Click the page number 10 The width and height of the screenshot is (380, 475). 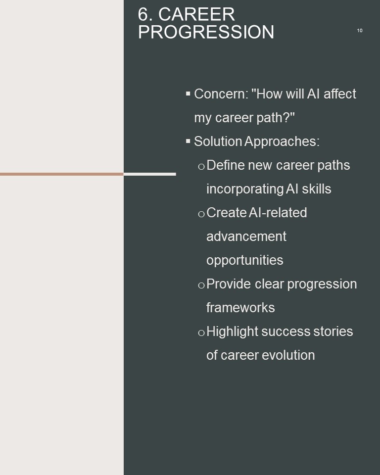(x=360, y=31)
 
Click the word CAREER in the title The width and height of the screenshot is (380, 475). (x=196, y=14)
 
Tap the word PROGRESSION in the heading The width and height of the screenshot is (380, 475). (x=206, y=32)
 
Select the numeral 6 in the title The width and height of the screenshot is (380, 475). (x=143, y=14)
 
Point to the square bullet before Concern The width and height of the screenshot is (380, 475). (x=188, y=94)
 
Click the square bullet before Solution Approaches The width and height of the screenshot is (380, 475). (x=188, y=141)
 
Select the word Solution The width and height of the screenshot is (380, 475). (x=218, y=142)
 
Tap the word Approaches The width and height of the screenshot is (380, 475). (x=282, y=142)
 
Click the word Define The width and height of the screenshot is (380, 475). (x=226, y=165)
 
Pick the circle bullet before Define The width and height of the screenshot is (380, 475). (x=201, y=167)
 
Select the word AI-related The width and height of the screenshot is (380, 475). (x=278, y=213)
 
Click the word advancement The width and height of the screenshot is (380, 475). (x=246, y=237)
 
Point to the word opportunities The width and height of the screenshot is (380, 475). (x=245, y=260)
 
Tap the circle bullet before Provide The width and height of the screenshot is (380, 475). (x=201, y=285)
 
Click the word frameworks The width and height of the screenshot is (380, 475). (x=240, y=308)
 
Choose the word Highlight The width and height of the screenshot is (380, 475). (x=232, y=332)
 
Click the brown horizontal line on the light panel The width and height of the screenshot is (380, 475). (x=62, y=174)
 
